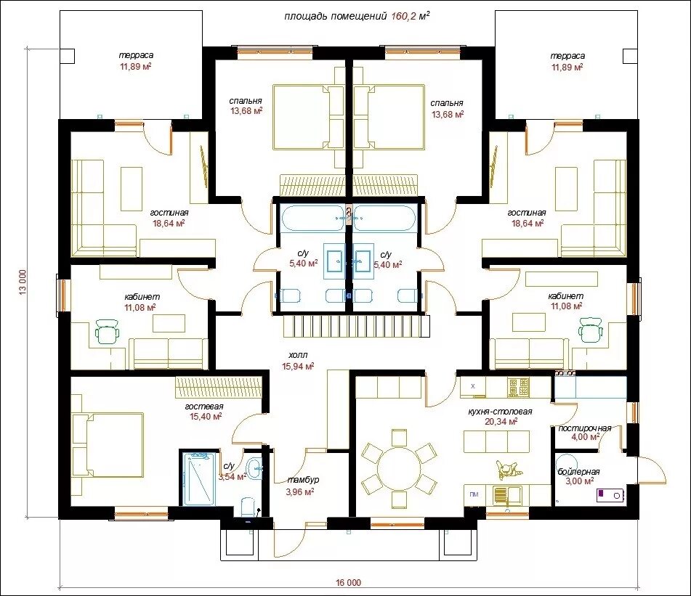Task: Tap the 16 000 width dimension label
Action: coord(348,583)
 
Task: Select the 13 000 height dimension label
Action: coord(23,282)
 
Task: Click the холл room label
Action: coord(298,355)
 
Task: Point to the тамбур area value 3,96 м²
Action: coord(300,491)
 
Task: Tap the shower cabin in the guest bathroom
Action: coord(199,478)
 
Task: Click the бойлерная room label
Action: coord(578,472)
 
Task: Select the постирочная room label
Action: coord(585,428)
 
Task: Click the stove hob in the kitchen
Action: coord(518,388)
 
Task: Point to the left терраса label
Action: coord(136,55)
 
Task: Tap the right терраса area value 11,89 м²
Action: coord(567,67)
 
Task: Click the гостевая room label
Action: coord(204,407)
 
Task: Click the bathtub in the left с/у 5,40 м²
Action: coord(312,218)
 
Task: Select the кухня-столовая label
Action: coord(500,412)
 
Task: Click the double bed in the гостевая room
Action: coord(111,446)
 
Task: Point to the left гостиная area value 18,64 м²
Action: coord(169,223)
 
